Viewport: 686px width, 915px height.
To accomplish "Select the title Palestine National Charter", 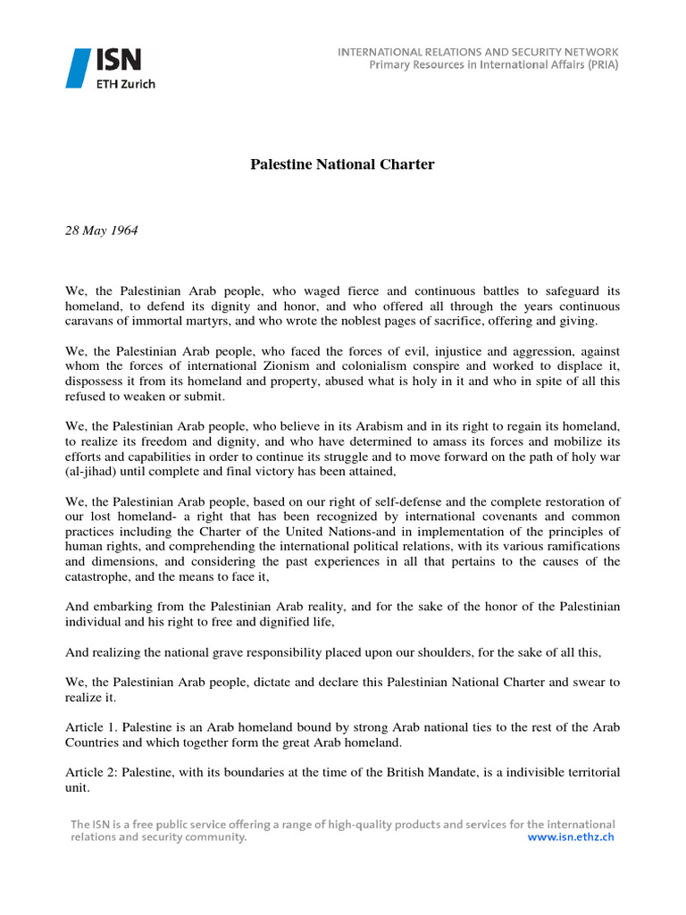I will tap(341, 165).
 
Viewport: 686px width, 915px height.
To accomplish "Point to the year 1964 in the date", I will tap(123, 230).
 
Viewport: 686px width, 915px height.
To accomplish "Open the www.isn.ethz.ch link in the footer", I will tap(571, 837).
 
